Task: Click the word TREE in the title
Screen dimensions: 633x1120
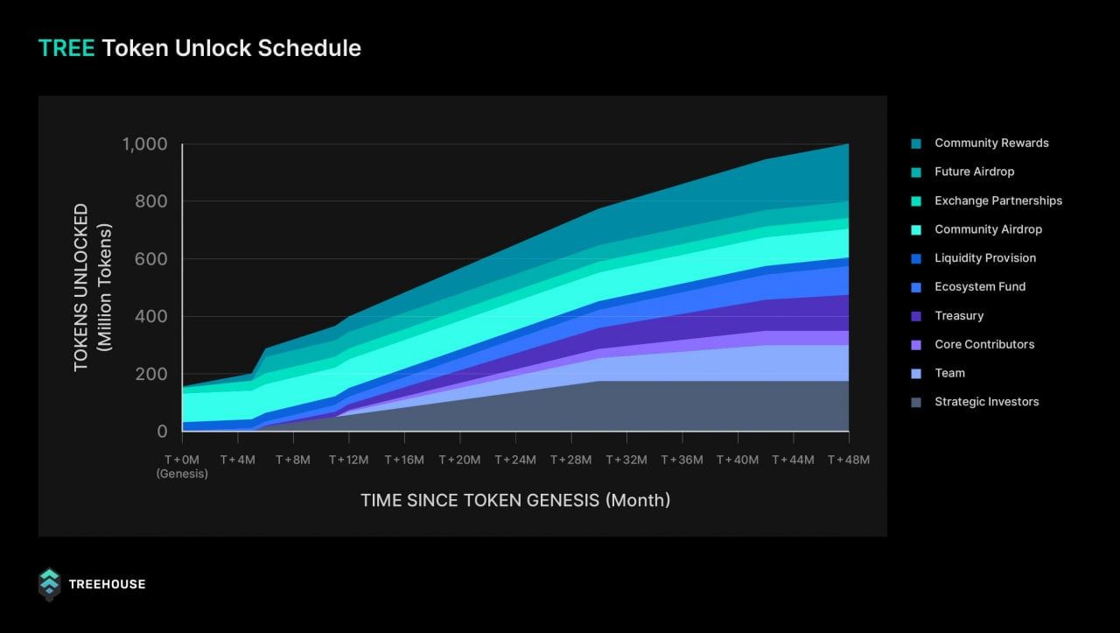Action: pos(66,48)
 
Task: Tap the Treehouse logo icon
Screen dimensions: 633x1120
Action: pos(49,584)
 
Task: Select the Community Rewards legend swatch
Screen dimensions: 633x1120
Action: pos(916,144)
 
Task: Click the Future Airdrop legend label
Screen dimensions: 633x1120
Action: pos(974,172)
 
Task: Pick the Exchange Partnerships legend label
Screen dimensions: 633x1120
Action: pos(997,200)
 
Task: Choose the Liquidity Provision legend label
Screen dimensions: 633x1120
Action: pos(984,258)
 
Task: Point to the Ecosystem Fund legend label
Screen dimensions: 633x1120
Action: pos(979,287)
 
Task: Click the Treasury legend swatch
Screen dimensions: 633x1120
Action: pos(916,316)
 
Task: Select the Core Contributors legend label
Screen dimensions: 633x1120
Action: pos(983,344)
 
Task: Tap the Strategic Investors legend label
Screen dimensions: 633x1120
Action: pos(986,402)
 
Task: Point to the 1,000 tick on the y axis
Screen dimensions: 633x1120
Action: pos(144,144)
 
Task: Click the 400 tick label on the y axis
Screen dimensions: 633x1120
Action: pos(150,316)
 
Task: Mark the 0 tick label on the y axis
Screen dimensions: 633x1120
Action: pos(162,431)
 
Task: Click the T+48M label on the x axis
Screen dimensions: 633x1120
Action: pos(849,460)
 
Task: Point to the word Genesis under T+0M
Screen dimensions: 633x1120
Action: pos(182,474)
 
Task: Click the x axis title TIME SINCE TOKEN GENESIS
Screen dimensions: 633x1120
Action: pos(515,500)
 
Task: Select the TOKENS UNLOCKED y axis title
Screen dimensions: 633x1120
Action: pos(81,287)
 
